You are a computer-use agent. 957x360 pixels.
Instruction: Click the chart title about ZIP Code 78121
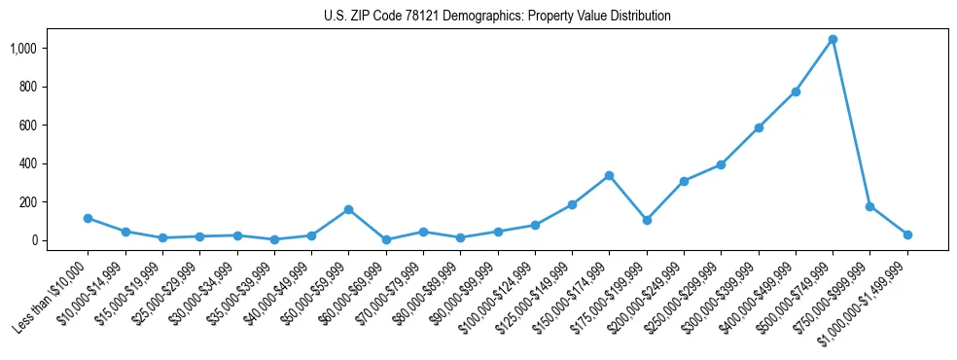[497, 17]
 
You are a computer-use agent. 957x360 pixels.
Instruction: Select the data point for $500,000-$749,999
[833, 40]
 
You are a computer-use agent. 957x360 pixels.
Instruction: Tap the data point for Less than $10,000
[88, 218]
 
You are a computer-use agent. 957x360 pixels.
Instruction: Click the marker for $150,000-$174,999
[609, 175]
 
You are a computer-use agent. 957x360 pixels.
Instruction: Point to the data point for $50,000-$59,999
[348, 209]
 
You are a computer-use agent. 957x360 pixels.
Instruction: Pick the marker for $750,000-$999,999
[869, 206]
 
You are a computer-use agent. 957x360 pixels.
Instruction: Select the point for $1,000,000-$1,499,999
[907, 234]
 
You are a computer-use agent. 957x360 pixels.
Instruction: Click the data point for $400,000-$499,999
[796, 91]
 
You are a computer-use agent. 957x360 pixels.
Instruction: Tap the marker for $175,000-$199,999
[647, 220]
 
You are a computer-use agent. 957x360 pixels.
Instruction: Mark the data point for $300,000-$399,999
[759, 127]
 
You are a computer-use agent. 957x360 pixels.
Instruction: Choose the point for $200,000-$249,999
[684, 181]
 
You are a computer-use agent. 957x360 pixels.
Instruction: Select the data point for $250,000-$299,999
[721, 164]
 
